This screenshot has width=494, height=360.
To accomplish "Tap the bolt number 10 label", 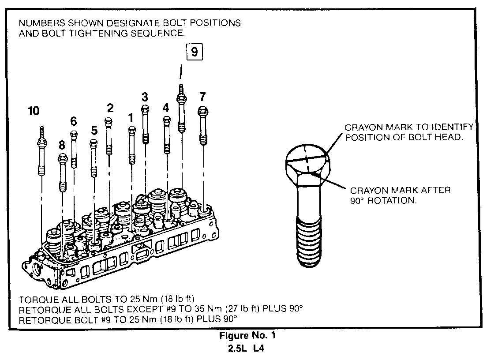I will tap(34, 111).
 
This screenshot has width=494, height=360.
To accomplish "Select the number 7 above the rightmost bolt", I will tap(202, 96).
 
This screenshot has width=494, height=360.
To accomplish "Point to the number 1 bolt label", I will tap(131, 117).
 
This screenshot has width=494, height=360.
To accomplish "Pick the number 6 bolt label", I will tap(74, 120).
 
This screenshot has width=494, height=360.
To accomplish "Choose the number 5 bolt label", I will tap(94, 130).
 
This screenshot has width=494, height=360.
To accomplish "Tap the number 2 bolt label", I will tap(110, 108).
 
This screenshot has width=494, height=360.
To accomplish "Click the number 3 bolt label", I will tap(145, 96).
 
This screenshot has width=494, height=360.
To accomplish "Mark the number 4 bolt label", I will tap(166, 107).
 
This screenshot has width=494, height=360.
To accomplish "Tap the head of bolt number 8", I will tap(62, 157).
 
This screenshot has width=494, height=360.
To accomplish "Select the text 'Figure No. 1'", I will tap(248, 336).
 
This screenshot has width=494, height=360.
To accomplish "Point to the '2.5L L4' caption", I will tap(247, 349).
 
